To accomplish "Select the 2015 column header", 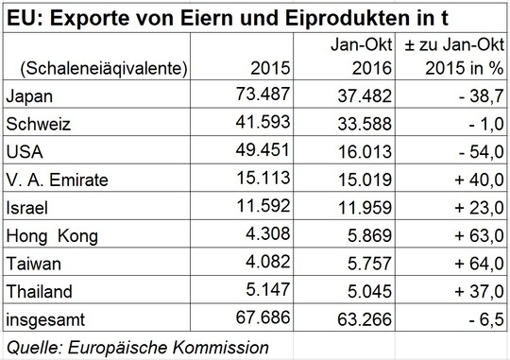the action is (270, 68).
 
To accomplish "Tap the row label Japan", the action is (29, 96).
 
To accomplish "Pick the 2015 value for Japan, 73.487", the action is (263, 94).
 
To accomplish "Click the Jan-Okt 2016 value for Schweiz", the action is (365, 124).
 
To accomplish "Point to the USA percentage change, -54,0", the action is (481, 152).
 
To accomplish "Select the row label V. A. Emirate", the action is (57, 180).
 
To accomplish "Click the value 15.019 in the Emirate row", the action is (365, 180).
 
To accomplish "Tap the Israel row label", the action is (27, 208).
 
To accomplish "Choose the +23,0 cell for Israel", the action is (479, 208).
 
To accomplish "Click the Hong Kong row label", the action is (52, 236).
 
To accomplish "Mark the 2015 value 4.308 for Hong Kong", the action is (267, 233).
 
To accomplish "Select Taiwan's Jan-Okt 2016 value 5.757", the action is (369, 264).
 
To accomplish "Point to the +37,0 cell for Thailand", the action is (479, 291).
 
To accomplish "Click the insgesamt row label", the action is (45, 320).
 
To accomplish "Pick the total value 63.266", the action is (365, 319).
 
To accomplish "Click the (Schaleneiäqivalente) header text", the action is (104, 69).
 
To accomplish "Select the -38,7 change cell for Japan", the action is (481, 96).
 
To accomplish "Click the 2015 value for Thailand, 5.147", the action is (267, 290).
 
